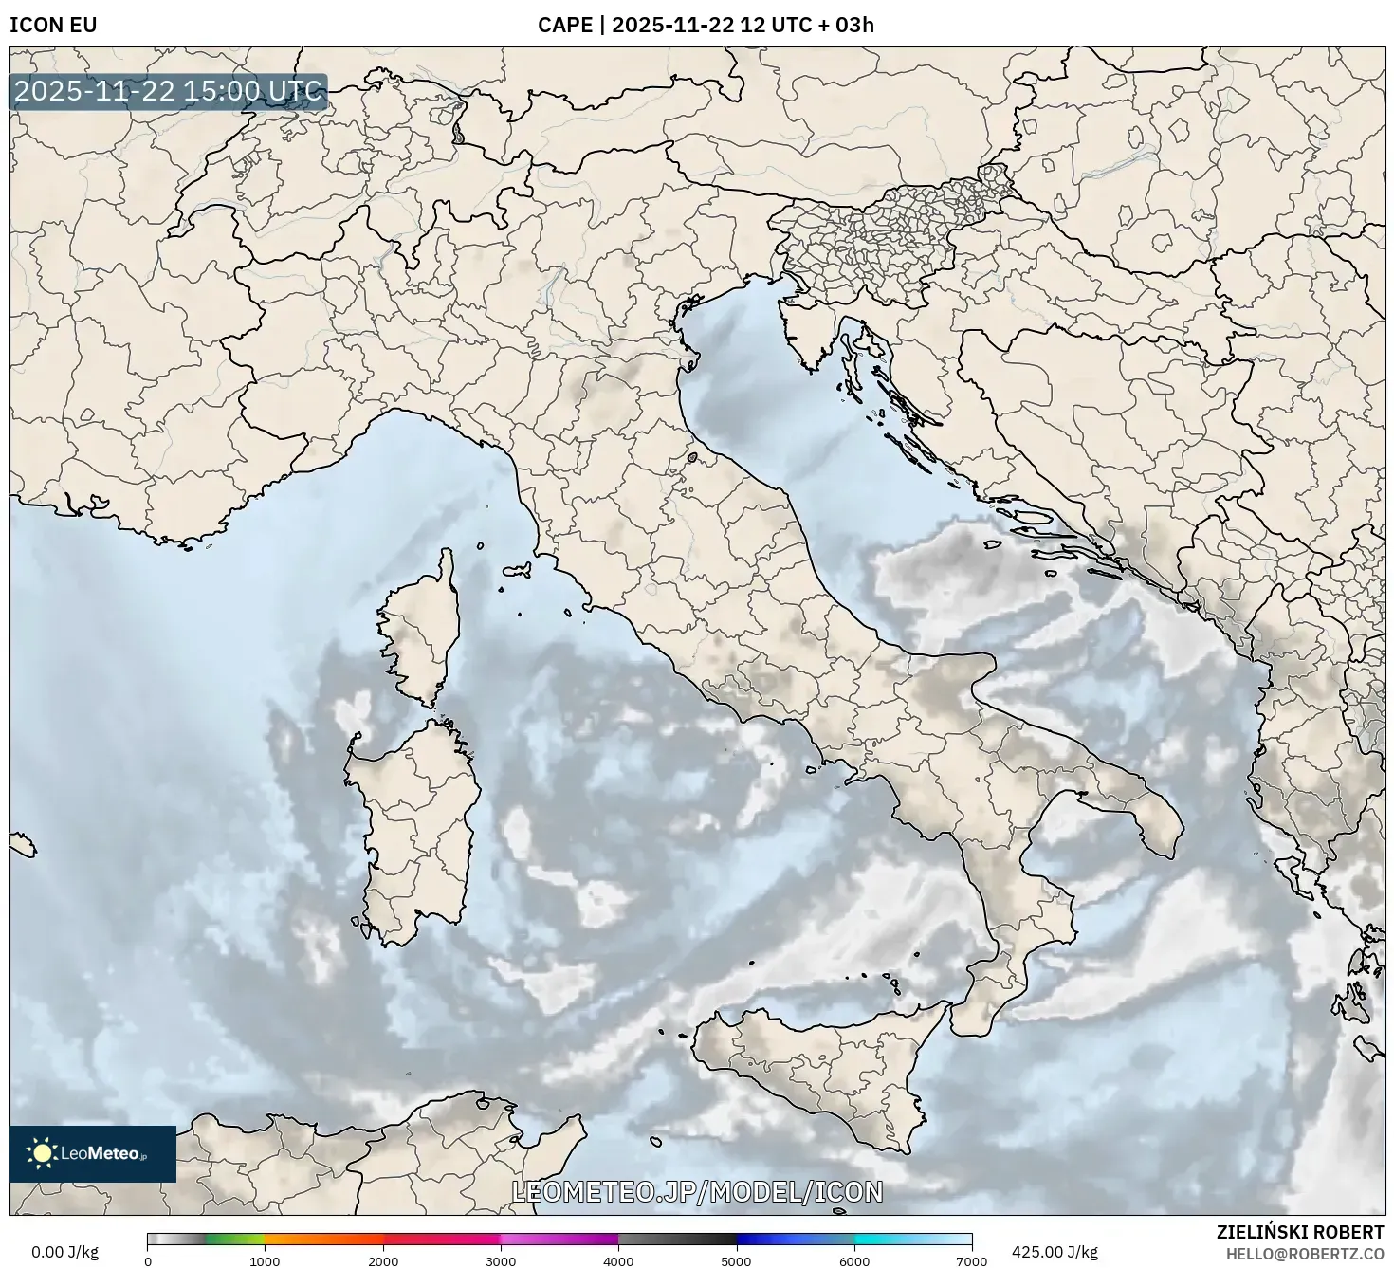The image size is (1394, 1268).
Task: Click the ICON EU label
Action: [53, 25]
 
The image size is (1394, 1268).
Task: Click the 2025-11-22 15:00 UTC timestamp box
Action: [168, 92]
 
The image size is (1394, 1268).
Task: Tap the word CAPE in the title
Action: [564, 25]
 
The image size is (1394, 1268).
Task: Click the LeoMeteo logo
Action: [93, 1153]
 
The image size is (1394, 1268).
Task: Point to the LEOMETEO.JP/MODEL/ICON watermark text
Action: [697, 1192]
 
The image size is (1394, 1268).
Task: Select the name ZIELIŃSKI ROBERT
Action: [1300, 1231]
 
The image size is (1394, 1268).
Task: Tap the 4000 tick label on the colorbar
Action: [618, 1260]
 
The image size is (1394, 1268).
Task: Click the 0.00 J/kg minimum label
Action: [65, 1252]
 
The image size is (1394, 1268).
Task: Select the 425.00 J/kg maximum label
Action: [1055, 1252]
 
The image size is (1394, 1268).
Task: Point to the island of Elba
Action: [518, 571]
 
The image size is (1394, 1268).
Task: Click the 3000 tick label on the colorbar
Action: [501, 1260]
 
